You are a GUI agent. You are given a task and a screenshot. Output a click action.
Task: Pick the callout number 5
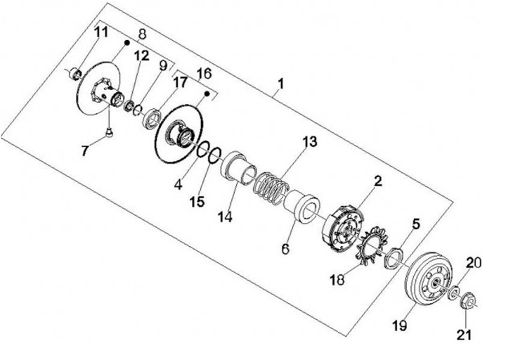point(415,225)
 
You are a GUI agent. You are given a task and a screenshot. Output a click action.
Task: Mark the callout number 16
point(203,73)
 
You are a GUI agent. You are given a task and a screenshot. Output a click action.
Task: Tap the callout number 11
point(101,32)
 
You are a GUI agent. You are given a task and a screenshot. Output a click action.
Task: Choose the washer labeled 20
point(453,290)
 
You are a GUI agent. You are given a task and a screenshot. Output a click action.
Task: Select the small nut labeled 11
point(75,71)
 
